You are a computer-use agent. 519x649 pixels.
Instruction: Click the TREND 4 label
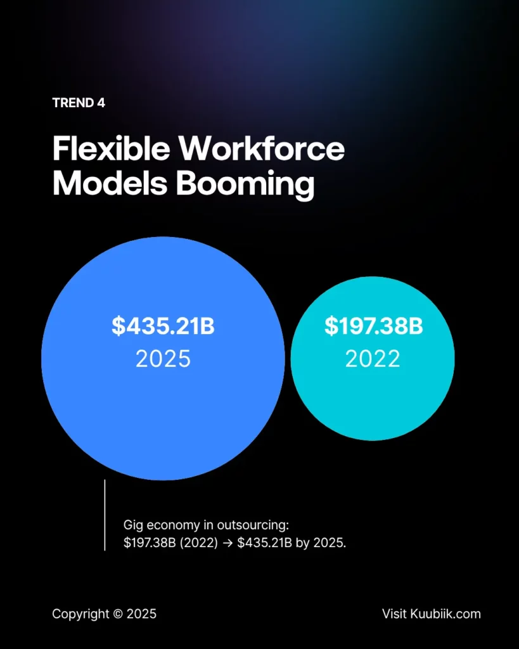pos(79,103)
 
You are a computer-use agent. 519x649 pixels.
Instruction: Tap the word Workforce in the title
pos(261,150)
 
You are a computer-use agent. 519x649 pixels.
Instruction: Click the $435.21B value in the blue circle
pos(163,326)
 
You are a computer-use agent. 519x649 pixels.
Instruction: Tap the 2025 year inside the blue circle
pos(163,359)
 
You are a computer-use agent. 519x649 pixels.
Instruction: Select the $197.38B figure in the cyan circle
pos(373,326)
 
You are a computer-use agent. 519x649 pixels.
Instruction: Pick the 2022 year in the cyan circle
pos(373,359)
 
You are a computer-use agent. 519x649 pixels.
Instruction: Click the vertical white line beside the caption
pos(105,515)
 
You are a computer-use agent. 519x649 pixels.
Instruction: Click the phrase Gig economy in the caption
pos(162,525)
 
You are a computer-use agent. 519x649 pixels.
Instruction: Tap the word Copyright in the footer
pos(79,614)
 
